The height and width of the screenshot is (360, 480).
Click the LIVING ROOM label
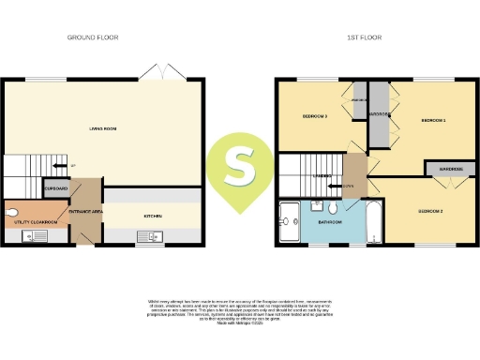point(102,129)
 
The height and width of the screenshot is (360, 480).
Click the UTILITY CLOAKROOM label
point(36,221)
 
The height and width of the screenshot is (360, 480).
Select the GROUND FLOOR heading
point(92,38)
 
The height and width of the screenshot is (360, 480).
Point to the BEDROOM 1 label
point(432,121)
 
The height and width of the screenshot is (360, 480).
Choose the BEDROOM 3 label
point(313,116)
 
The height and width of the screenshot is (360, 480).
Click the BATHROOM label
point(328,223)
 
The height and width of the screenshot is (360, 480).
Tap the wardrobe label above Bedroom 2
point(446,169)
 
